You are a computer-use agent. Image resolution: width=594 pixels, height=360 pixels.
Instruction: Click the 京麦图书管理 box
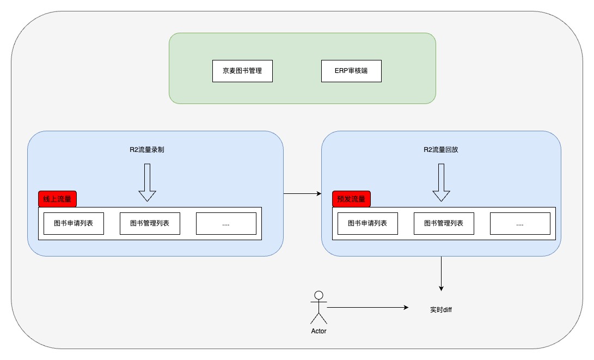coord(242,71)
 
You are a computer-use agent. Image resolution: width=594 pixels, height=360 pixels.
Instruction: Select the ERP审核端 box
coord(351,71)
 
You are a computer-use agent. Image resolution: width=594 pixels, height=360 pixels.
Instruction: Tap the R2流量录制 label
coord(147,150)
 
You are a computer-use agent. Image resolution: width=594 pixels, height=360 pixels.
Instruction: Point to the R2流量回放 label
coord(441,150)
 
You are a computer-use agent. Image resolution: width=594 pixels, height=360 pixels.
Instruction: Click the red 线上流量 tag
coord(58,199)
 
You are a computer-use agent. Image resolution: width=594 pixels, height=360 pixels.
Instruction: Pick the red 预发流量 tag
coord(352,199)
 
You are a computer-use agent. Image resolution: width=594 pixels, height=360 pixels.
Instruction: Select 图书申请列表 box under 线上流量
coord(74,224)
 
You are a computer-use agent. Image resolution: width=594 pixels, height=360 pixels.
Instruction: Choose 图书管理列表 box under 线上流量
coord(150,224)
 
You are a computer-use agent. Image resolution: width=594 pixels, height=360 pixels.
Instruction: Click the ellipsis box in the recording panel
coord(226,224)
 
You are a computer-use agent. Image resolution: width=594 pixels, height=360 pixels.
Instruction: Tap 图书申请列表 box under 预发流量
coord(368,224)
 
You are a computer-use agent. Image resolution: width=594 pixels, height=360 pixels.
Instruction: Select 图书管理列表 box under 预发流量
coord(444,224)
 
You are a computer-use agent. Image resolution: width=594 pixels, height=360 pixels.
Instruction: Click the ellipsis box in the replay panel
coord(520,224)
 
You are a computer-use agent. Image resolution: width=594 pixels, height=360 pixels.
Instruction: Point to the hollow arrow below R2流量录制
coord(148,182)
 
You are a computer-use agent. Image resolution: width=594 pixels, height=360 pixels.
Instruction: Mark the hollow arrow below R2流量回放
coord(442,182)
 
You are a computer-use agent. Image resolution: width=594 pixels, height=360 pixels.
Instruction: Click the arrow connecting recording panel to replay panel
coord(302,194)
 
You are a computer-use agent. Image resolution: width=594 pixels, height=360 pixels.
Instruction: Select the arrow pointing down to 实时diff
coord(441,273)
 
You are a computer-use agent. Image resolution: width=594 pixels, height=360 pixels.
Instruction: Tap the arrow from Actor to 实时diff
coord(368,307)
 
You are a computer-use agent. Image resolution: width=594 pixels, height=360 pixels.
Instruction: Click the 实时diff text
coord(441,309)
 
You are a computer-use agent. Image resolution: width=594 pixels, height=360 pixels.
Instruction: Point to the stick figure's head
coord(319,295)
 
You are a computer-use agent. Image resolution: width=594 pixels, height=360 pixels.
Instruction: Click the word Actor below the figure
coord(319,331)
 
